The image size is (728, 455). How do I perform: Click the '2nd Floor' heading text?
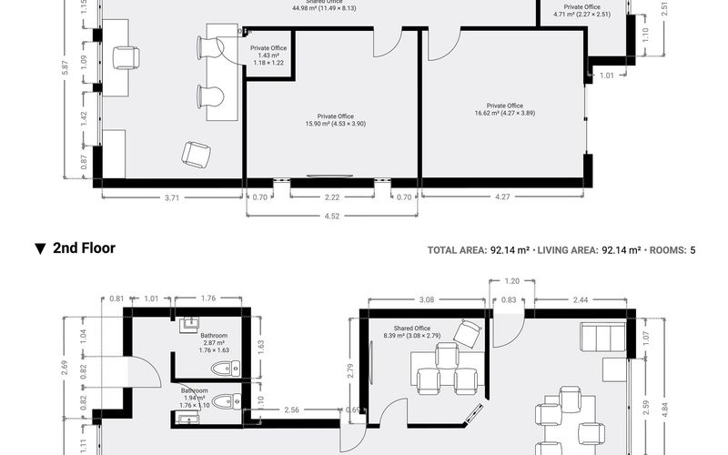pyautogui.click(x=84, y=248)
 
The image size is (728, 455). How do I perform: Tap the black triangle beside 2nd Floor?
pyautogui.click(x=40, y=248)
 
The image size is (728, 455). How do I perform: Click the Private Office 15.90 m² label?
pyautogui.click(x=335, y=120)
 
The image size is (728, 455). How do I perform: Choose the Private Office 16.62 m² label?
pyautogui.click(x=504, y=110)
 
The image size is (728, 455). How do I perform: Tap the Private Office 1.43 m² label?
pyautogui.click(x=268, y=56)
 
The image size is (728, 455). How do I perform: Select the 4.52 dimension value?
pyautogui.click(x=333, y=217)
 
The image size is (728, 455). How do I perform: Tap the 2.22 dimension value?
pyautogui.click(x=332, y=197)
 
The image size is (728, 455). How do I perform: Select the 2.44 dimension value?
pyautogui.click(x=580, y=299)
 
